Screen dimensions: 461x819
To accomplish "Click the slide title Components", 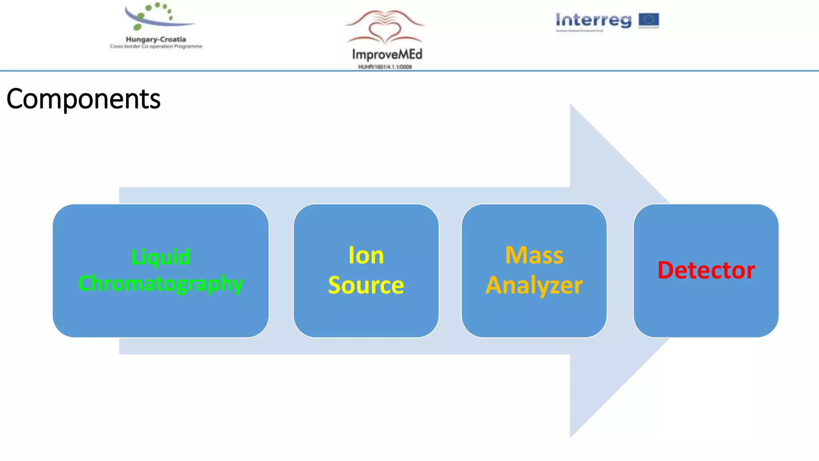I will (83, 99).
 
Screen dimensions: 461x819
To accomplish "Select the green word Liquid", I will (161, 257).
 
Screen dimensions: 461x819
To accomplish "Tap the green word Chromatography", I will (161, 284).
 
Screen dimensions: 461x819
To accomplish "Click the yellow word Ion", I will (366, 255).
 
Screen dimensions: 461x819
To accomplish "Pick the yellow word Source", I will (366, 285).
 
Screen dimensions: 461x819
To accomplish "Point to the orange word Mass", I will (534, 255).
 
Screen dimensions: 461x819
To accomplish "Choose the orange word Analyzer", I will (534, 285).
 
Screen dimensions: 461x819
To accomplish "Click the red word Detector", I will (706, 270).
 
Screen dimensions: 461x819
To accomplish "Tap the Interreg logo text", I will (593, 20).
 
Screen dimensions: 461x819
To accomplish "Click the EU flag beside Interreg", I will (649, 19).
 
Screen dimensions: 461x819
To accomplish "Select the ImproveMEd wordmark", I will (387, 54).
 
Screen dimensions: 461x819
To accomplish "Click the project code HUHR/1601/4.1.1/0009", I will (385, 67).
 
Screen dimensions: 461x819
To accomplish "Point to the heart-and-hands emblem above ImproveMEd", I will (385, 27).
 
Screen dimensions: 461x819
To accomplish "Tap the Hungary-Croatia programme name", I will (156, 39).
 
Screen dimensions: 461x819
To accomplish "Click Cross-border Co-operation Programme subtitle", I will (156, 46).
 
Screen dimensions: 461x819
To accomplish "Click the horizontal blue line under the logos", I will (409, 71).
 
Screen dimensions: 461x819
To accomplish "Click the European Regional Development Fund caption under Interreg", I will (579, 30).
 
